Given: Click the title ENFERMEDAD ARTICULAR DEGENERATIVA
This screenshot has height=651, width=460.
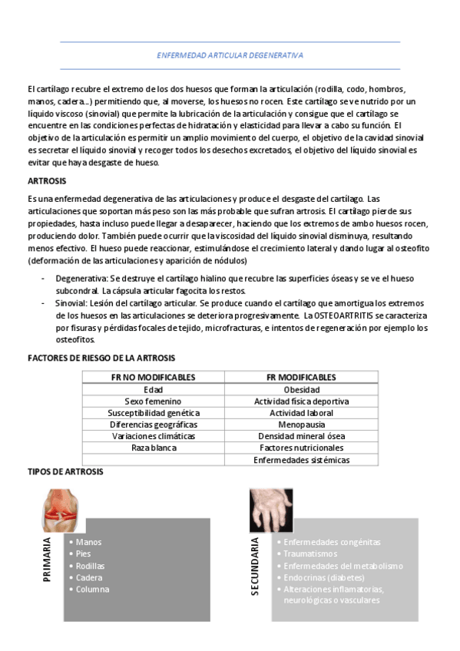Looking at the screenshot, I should [230, 55].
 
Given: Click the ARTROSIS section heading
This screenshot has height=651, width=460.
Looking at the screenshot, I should [46, 181].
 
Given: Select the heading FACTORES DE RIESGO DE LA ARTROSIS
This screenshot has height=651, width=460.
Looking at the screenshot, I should [101, 358].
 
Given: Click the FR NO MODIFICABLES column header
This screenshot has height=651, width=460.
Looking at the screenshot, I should [153, 377].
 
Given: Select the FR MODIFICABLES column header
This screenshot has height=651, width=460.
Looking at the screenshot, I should [301, 377].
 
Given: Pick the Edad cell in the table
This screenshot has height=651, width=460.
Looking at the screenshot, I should [153, 389].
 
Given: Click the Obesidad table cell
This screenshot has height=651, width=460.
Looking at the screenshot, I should [301, 389].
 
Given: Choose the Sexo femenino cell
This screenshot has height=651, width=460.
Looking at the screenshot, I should [153, 401].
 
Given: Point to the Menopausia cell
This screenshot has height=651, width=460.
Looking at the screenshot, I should [301, 424].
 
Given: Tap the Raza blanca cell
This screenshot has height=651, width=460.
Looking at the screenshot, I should [153, 447].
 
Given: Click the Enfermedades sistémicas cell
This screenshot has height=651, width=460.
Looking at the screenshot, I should [301, 460].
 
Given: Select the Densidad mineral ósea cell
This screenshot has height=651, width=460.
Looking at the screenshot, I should [301, 435].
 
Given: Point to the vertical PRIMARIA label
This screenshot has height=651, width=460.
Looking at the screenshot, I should [48, 559].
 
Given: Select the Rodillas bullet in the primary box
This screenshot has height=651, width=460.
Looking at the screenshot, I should [91, 566].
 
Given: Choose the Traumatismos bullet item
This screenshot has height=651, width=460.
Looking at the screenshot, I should [310, 554].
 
